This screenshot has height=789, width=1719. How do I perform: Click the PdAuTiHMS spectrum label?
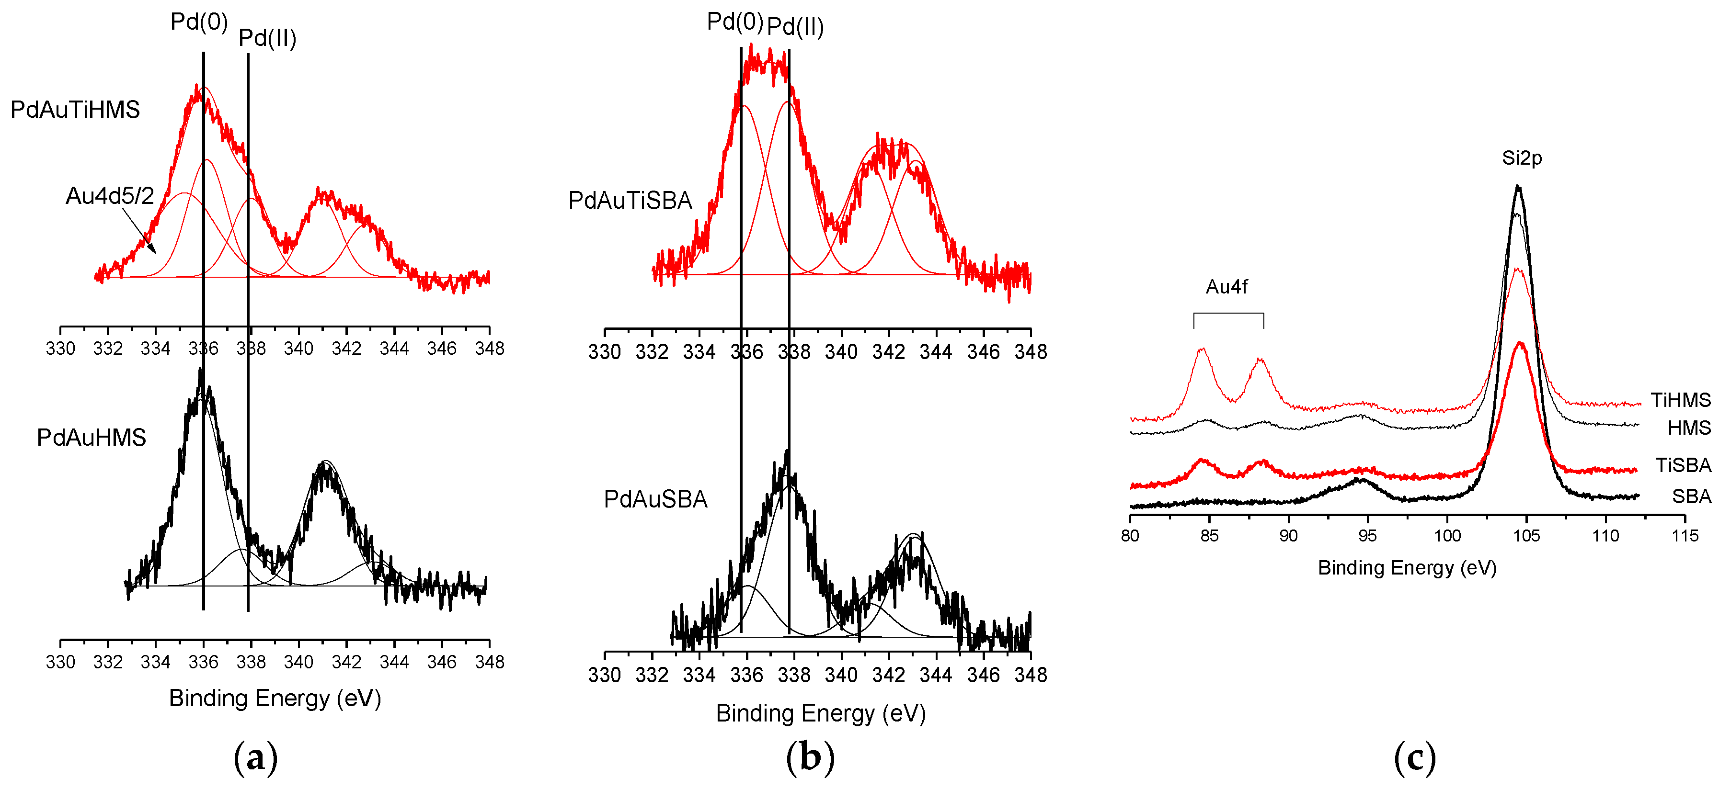[x=75, y=109]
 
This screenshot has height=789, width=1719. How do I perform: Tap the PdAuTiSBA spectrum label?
[x=630, y=201]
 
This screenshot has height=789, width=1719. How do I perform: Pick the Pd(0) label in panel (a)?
[x=199, y=22]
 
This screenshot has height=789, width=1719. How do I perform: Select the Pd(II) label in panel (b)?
[x=795, y=27]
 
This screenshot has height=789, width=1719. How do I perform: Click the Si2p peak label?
[x=1522, y=158]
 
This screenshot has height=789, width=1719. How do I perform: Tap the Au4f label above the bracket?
[x=1226, y=287]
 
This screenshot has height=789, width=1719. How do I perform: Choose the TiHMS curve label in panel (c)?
[x=1680, y=400]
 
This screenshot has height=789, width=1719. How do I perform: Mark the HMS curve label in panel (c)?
[x=1688, y=428]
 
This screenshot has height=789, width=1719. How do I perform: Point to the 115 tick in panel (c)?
[x=1685, y=536]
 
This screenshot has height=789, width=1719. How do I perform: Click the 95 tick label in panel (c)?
[x=1367, y=536]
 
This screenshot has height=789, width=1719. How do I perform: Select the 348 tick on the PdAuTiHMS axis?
[x=489, y=348]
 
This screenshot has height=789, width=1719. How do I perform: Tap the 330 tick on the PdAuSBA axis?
[x=604, y=675]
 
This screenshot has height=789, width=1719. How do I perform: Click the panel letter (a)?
[x=255, y=758]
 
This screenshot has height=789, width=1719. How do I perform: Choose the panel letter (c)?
[x=1414, y=758]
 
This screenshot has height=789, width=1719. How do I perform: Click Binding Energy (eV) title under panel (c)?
[x=1407, y=568]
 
